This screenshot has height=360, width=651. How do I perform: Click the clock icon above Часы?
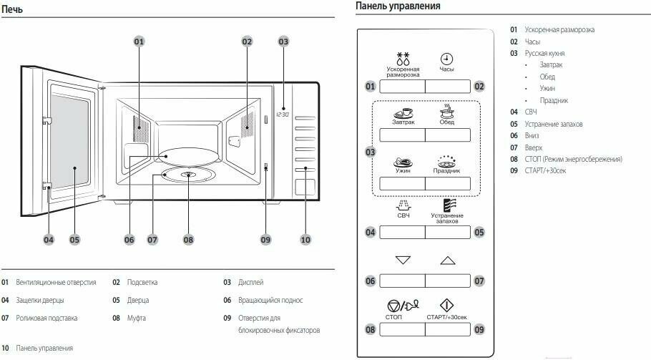point(446,59)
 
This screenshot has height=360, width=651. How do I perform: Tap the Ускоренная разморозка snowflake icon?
point(403,58)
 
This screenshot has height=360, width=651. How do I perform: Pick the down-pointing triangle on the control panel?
point(403,260)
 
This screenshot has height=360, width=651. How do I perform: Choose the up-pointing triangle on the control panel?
point(447,260)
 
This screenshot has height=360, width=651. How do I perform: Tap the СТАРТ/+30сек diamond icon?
point(447,304)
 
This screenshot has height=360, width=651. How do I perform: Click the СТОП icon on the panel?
point(403,305)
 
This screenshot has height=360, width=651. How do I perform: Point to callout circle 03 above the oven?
point(283,42)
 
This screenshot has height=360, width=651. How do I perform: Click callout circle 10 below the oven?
point(305,240)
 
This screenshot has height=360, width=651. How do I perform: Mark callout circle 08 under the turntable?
point(188,240)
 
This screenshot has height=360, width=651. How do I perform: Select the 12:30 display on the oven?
point(283,115)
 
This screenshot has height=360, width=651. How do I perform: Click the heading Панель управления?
point(398,6)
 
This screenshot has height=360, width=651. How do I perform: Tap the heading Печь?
point(13,9)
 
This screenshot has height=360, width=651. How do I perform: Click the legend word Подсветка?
point(142,282)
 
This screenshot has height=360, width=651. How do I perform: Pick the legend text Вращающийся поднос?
point(269,300)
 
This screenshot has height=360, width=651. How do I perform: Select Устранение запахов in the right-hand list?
point(553,124)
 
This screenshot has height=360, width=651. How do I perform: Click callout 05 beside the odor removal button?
point(479,232)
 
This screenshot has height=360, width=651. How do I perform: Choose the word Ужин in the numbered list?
point(548,88)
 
